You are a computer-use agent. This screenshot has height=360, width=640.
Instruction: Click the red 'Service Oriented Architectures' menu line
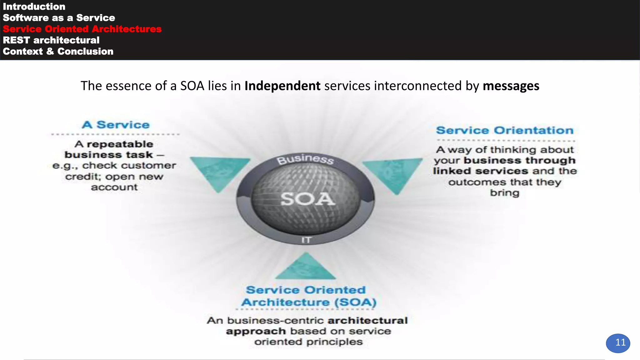coord(82,29)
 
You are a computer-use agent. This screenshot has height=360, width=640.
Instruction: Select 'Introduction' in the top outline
coord(34,7)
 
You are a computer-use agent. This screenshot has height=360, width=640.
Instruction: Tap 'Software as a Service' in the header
coord(59,18)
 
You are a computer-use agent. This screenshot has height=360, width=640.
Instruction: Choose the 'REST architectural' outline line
coord(51,40)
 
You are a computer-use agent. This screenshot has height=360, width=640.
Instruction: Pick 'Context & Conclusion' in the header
coord(58,52)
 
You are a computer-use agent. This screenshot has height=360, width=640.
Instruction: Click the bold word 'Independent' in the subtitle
coord(282,86)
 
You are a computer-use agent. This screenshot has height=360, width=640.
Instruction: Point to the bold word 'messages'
coord(511,86)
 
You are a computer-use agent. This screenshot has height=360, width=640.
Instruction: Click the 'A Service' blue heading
coord(116,125)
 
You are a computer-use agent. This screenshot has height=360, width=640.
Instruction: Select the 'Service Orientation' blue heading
coord(505,130)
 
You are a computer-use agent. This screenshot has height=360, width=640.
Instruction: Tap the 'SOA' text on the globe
coord(307,199)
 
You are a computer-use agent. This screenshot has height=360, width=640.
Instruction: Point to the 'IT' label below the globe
coord(306,240)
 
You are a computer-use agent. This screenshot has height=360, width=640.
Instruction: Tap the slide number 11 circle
coord(618,343)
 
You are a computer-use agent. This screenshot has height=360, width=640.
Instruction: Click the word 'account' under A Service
coord(114,187)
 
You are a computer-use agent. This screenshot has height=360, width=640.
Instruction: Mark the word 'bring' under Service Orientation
coord(504,193)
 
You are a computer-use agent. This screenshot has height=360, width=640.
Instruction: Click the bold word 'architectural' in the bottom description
coord(367,321)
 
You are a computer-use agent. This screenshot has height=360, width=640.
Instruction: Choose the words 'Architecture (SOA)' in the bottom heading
coord(309,302)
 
